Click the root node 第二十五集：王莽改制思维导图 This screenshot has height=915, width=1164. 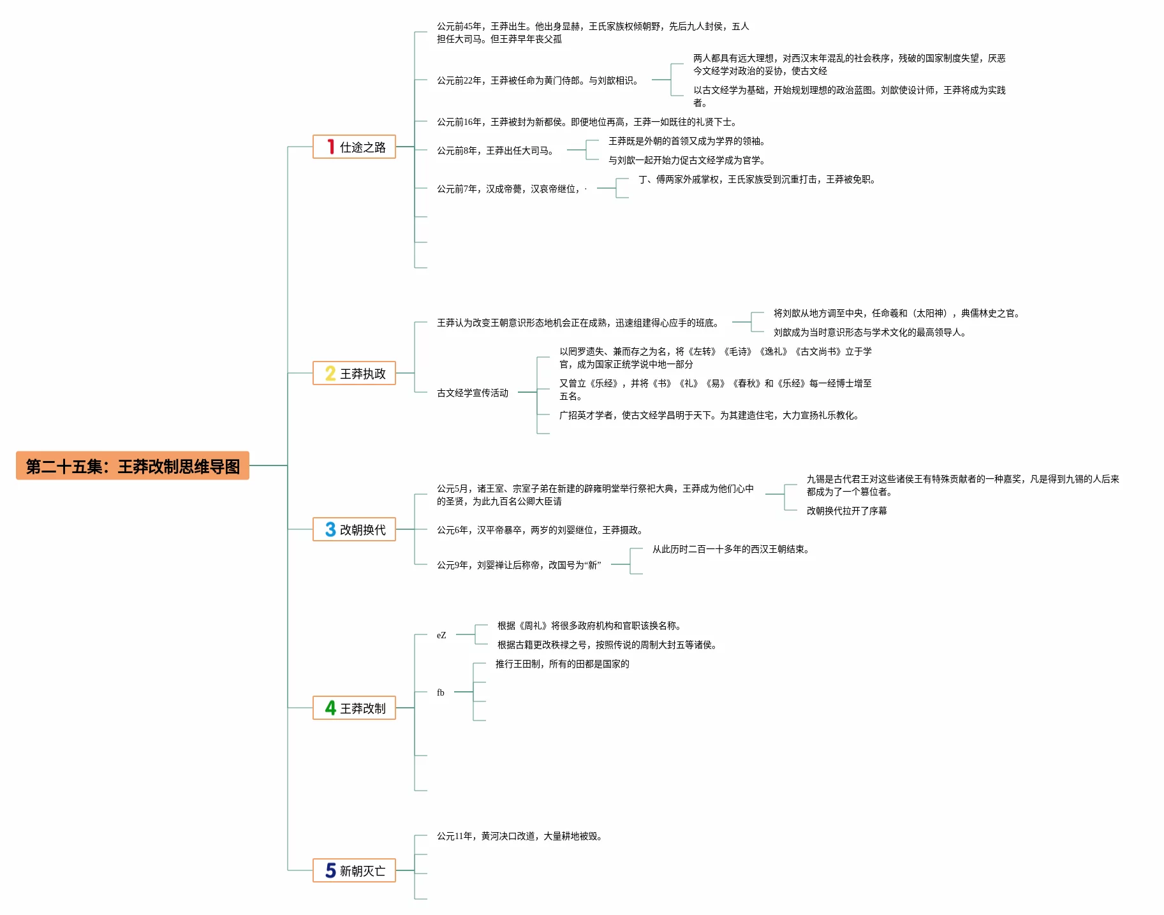pyautogui.click(x=133, y=466)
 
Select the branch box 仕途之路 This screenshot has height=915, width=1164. pyautogui.click(x=354, y=147)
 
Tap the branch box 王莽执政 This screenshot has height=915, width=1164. pyautogui.click(x=354, y=374)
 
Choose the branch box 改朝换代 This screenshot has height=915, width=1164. pyautogui.click(x=354, y=530)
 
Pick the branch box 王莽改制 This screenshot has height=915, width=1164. pyautogui.click(x=354, y=708)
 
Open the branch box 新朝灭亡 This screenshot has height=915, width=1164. pyautogui.click(x=354, y=871)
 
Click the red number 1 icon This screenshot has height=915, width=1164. pyautogui.click(x=330, y=147)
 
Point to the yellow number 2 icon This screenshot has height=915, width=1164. pyautogui.click(x=330, y=374)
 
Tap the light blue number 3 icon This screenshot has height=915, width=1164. pyautogui.click(x=330, y=530)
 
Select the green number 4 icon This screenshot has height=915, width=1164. pyautogui.click(x=330, y=708)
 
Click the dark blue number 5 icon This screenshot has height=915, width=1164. pyautogui.click(x=330, y=871)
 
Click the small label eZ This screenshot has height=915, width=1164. pyautogui.click(x=441, y=635)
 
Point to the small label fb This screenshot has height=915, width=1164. pyautogui.click(x=441, y=692)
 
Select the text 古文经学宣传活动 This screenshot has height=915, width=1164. pyautogui.click(x=473, y=393)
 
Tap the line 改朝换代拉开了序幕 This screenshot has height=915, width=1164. pyautogui.click(x=846, y=511)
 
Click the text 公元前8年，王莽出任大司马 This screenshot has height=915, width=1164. pyautogui.click(x=496, y=151)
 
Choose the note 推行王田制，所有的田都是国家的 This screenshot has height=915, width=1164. pyautogui.click(x=562, y=664)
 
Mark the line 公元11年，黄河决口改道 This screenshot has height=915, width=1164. pyautogui.click(x=520, y=837)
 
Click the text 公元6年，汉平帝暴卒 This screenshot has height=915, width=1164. pyautogui.click(x=540, y=531)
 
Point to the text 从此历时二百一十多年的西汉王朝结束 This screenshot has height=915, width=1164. pyautogui.click(x=730, y=550)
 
